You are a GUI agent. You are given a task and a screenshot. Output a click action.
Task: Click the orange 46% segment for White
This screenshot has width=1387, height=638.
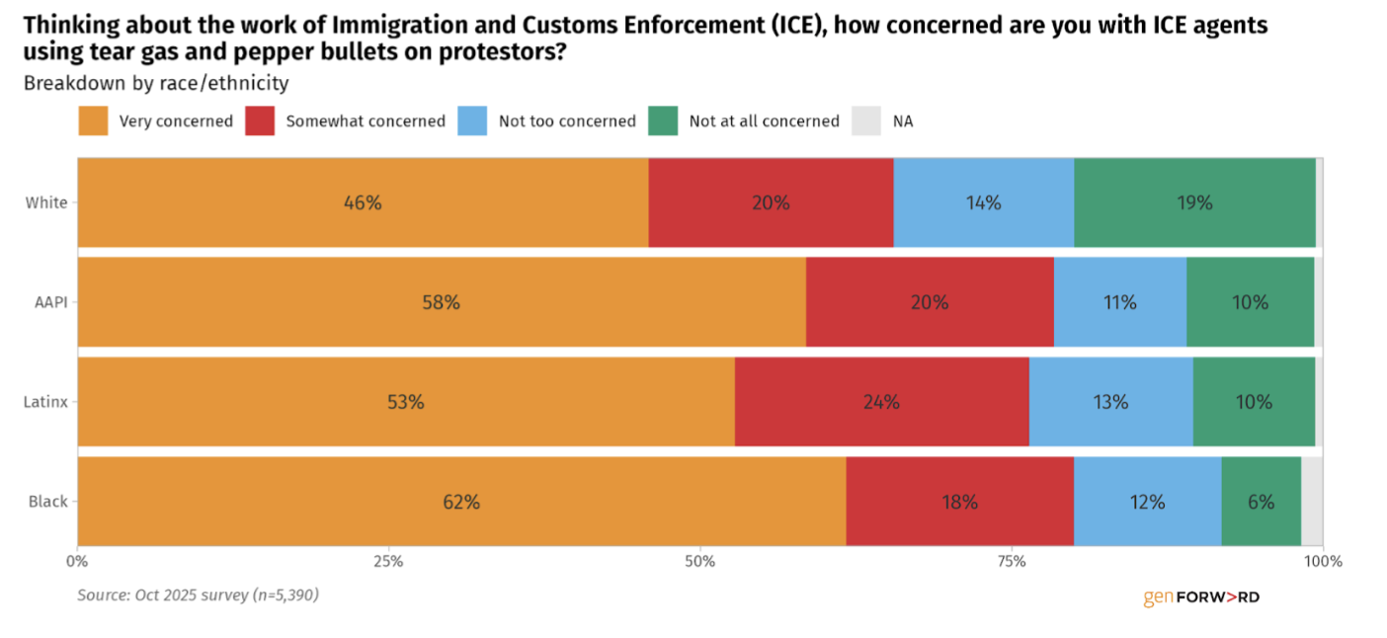point(363,202)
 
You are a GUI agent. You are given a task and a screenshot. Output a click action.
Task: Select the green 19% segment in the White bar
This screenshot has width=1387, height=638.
point(1194,202)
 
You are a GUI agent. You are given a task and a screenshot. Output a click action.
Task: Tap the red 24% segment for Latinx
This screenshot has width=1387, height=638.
point(881,402)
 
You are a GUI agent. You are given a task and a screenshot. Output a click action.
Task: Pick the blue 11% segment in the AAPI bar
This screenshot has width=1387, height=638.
point(1119,302)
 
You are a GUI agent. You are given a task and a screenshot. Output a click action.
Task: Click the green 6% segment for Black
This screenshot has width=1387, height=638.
point(1261,502)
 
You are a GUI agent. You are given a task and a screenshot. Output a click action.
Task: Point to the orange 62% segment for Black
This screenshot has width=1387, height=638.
point(461,502)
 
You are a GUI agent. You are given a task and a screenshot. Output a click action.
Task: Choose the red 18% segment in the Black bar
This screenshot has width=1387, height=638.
point(959,502)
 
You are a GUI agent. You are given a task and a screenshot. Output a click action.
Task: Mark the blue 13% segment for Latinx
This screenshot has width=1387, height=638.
point(1110,402)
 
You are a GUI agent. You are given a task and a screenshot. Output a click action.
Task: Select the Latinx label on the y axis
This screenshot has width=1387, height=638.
point(45,402)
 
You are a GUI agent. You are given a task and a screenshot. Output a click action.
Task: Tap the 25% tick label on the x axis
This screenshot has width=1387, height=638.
point(388,562)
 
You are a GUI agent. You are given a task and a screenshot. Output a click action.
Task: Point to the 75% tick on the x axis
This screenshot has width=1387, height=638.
point(1012,562)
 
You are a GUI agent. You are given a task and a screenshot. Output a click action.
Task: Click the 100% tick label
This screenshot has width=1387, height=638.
point(1322,562)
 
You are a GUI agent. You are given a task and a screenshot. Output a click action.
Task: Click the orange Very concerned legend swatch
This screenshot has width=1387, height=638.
point(92,121)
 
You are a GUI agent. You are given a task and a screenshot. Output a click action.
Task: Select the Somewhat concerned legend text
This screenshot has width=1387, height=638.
point(366,121)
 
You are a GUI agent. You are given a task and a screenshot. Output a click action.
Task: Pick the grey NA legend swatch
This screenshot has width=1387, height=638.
point(865,121)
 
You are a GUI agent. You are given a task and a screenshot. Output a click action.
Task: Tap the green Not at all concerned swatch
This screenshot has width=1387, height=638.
point(662,121)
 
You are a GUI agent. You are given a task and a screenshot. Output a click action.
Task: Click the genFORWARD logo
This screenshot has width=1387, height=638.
point(1201,597)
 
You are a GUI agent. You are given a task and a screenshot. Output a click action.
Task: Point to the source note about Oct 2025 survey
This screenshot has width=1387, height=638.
point(198,595)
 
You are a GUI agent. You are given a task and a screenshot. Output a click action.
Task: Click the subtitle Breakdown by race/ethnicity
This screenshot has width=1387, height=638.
point(156,84)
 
